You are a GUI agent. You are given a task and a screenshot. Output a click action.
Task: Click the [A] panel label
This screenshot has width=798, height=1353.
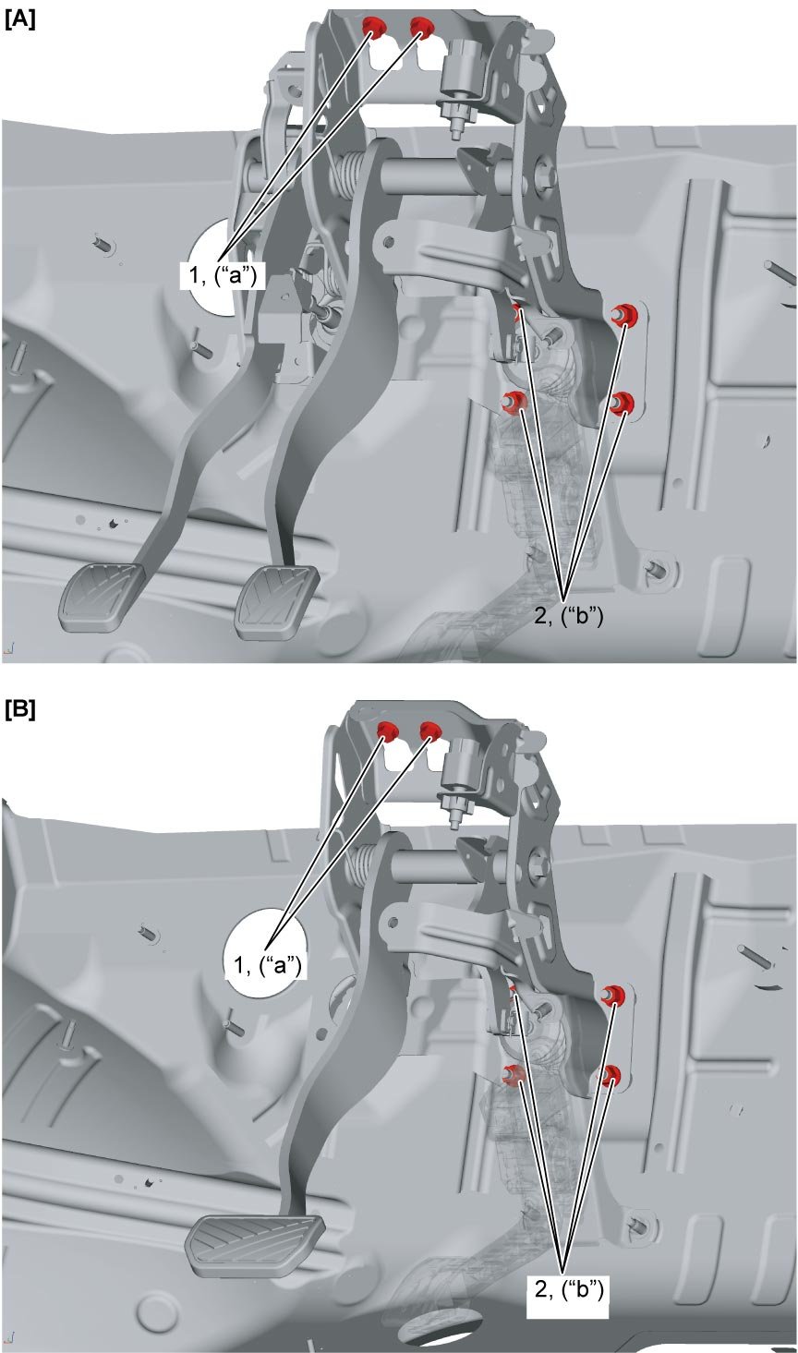click(x=20, y=20)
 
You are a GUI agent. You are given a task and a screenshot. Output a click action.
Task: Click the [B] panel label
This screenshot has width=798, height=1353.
click(x=20, y=710)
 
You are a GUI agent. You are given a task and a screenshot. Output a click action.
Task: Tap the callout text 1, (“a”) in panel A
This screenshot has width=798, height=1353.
click(x=223, y=275)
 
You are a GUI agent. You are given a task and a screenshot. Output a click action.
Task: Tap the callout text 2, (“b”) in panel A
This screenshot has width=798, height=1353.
click(x=568, y=615)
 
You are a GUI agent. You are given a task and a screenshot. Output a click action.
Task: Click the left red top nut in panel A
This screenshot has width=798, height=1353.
click(x=374, y=27)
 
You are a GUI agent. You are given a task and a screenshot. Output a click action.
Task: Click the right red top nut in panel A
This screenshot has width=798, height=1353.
click(x=422, y=27)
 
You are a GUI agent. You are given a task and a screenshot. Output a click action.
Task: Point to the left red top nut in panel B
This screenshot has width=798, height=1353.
click(x=389, y=731)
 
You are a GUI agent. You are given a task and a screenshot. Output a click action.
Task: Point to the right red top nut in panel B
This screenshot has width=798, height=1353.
click(x=430, y=731)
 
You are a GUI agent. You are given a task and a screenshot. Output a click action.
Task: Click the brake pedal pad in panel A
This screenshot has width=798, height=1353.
click(x=277, y=600)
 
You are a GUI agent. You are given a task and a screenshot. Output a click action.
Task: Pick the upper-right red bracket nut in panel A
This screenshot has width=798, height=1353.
click(x=623, y=315)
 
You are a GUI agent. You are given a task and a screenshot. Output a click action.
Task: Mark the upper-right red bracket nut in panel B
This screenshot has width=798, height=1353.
click(x=615, y=995)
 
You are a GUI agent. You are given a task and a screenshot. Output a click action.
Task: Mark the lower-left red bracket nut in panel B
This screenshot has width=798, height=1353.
click(x=514, y=1074)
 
